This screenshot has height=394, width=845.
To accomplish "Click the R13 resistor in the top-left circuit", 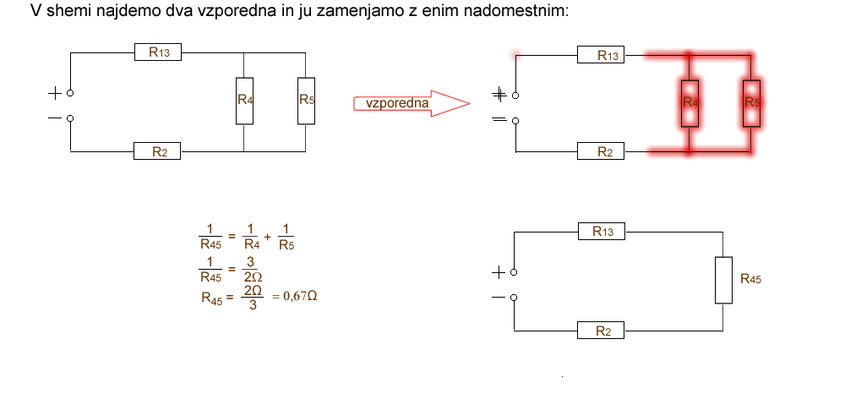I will coord(159,52).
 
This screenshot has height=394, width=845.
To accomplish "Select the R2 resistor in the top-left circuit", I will coord(159,151).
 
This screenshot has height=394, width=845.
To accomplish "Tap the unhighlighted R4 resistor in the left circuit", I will coord(244,100).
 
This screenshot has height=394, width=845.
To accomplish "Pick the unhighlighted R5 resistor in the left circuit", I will coord(307,100).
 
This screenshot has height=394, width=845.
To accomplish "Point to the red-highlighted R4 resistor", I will coord(690,102).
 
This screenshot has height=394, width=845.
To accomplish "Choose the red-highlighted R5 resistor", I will coord(752,102).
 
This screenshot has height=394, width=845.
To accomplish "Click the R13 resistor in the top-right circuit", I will coord(601,56).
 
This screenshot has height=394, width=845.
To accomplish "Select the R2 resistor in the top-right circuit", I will coord(601,152).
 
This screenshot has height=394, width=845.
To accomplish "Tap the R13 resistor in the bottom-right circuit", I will coord(601,231).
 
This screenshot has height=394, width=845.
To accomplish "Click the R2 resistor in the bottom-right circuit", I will coord(601,331).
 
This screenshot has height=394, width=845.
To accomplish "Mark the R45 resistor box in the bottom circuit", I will coord(724,280).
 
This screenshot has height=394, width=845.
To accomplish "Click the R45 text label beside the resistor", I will coord(750,278).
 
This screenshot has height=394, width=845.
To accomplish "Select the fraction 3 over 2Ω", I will coord(251,270).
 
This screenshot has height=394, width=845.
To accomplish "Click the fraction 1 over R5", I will coord(286,238).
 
